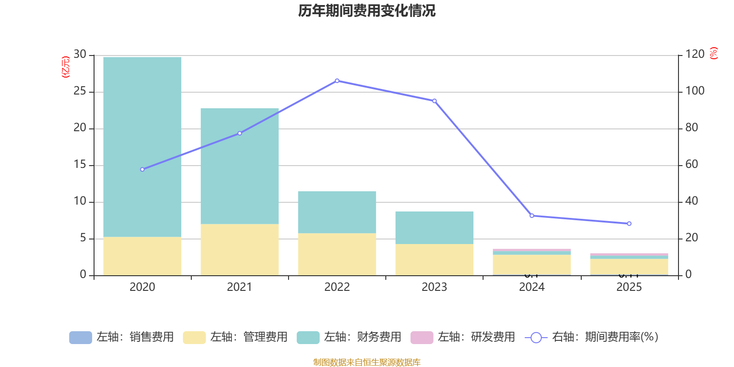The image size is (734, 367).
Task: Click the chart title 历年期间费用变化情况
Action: [x=367, y=11]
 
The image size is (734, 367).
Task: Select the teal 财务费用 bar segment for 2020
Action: [x=142, y=147]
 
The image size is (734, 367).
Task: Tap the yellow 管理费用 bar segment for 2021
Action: [x=239, y=250]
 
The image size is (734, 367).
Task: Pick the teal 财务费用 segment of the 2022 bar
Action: [x=337, y=212]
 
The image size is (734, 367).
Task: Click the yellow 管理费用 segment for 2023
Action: [x=434, y=260]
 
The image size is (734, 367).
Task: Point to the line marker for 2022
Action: [x=337, y=81]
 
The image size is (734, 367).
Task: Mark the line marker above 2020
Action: [x=142, y=169]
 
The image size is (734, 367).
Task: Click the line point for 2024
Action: [x=532, y=216]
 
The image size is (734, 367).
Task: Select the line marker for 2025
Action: [x=629, y=223]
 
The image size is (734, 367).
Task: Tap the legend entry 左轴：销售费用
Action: [x=122, y=337]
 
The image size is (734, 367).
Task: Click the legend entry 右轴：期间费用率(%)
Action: [x=592, y=337]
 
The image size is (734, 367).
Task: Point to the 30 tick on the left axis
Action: [x=80, y=55]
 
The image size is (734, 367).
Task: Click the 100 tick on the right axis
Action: [x=695, y=91]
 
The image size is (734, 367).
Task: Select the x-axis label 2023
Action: [x=434, y=287]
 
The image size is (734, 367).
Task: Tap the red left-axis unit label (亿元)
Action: [x=66, y=67]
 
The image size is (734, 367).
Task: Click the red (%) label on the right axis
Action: [x=713, y=53]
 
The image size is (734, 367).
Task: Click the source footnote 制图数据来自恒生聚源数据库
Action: [x=367, y=362]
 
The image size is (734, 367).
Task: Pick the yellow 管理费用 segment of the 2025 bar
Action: [x=629, y=267]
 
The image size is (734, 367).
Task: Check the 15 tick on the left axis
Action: [x=80, y=165]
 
